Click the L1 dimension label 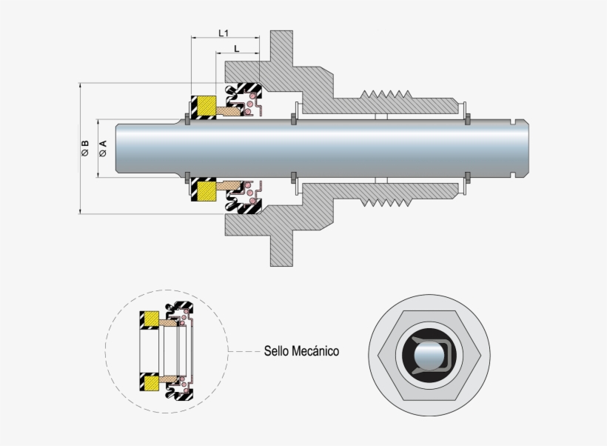(224, 33)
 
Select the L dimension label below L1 (236, 48)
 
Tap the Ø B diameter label (85, 148)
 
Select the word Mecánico (317, 351)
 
